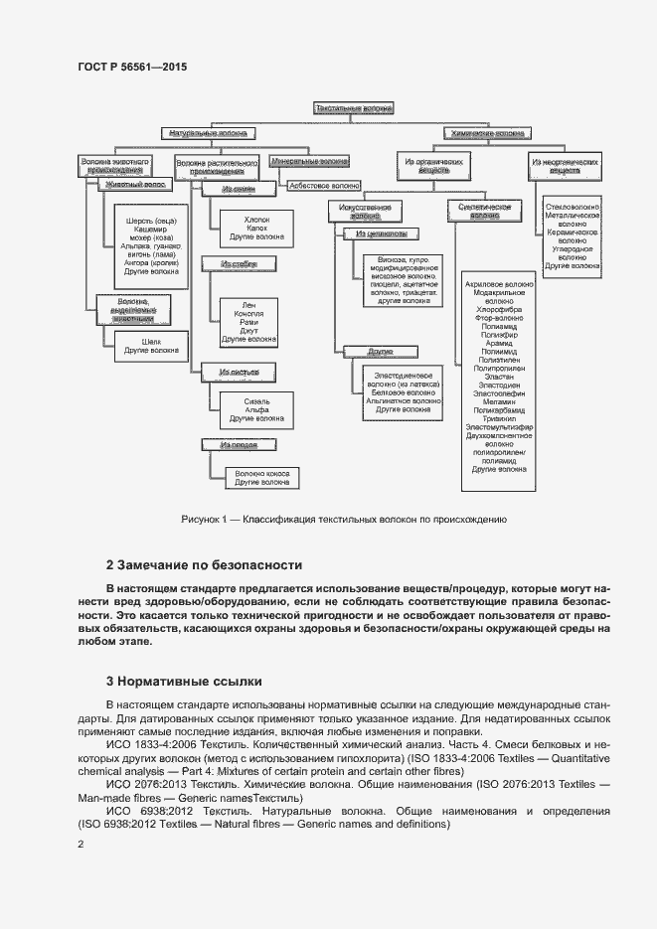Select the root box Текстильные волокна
click(355, 106)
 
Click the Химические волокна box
click(488, 132)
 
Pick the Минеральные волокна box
click(309, 159)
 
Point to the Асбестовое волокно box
click(324, 185)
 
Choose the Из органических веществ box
click(433, 164)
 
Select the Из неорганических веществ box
click(565, 164)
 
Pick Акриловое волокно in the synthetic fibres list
click(499, 284)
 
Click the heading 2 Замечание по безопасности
click(204, 564)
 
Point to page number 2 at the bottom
click(82, 845)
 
